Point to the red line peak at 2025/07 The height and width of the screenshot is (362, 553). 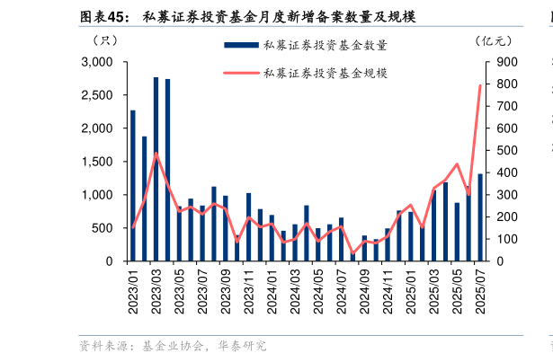click(480, 85)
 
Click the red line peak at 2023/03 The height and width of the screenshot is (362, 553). click(156, 153)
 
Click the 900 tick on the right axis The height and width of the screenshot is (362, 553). click(500, 62)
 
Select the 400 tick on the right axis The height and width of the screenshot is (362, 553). click(500, 172)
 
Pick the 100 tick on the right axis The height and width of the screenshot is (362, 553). click(500, 239)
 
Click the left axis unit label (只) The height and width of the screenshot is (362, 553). click(105, 40)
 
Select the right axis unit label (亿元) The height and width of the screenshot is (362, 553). click(493, 40)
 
